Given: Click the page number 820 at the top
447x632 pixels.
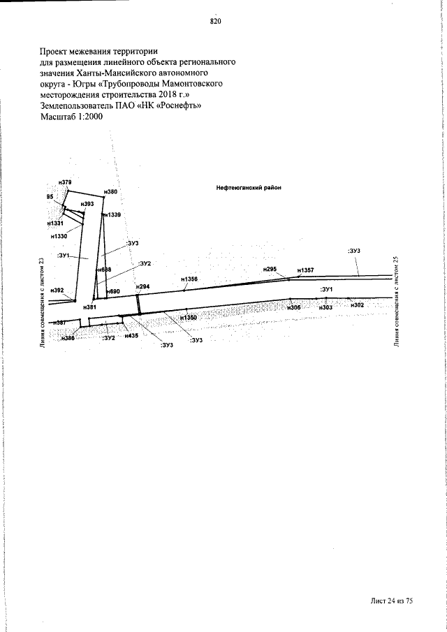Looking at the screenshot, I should point(215,21).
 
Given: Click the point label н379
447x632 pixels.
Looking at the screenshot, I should point(65,182).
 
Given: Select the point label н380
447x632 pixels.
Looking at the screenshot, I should point(110,191).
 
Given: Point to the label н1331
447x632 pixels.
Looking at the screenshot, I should point(56,223).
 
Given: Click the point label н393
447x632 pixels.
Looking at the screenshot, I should point(87,204).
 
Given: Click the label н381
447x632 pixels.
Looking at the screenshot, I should point(89,307).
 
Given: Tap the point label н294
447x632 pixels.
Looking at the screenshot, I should point(143,287).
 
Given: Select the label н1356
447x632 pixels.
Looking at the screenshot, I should point(189,279).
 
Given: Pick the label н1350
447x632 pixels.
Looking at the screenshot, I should point(189,317).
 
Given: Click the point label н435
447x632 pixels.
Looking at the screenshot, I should point(131,336).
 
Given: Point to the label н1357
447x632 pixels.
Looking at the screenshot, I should point(305,270).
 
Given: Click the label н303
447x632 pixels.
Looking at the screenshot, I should point(325,307).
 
